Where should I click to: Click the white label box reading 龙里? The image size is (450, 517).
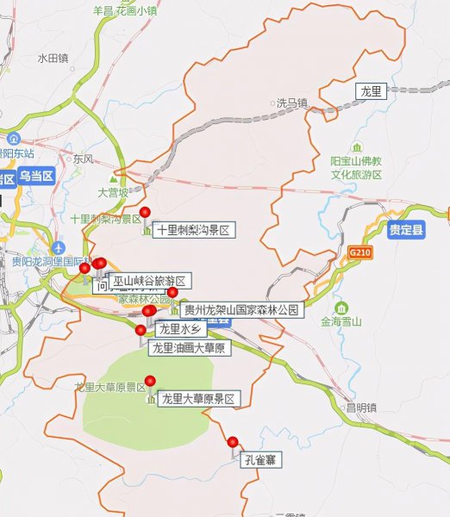click(372, 90)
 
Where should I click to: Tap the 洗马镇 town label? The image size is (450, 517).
click(291, 103)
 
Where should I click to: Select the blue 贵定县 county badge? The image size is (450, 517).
click(404, 230)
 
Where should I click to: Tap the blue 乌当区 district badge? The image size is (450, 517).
click(35, 177)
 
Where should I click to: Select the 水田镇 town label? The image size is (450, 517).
click(52, 59)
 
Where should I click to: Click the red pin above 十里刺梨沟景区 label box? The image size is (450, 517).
click(145, 213)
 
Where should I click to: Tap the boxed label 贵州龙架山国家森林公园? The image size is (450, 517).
click(242, 309)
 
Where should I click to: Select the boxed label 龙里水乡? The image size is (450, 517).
click(180, 328)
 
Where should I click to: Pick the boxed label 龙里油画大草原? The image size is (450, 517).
click(188, 348)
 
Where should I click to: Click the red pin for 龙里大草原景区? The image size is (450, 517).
click(150, 381)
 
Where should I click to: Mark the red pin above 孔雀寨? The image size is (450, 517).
click(232, 442)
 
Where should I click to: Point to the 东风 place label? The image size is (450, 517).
click(83, 159)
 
